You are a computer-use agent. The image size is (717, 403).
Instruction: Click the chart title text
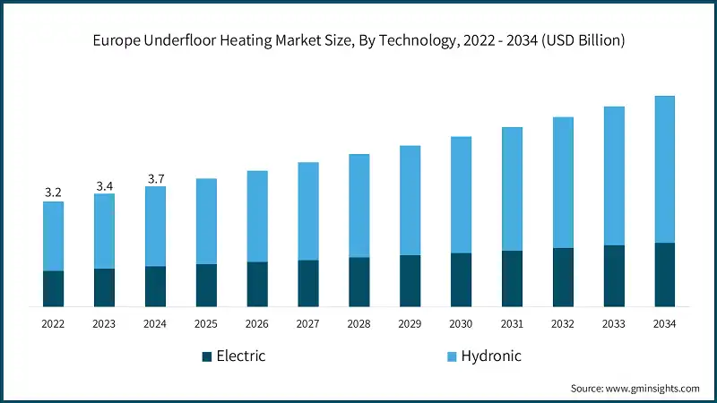[358, 40]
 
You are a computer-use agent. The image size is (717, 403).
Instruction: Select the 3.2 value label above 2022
[53, 193]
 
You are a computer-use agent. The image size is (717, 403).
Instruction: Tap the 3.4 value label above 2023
[104, 185]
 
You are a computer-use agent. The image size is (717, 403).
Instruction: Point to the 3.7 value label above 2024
[155, 178]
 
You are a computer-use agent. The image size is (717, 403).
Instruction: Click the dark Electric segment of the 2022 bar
[53, 288]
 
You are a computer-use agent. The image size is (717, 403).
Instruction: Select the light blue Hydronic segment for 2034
[664, 168]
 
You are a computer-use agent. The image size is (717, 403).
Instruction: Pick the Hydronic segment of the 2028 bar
[358, 205]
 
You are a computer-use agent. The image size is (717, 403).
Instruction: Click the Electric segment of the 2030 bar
[461, 279]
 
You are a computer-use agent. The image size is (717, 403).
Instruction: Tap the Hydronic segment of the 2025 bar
[206, 220]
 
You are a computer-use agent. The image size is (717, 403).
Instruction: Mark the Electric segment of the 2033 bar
[613, 276]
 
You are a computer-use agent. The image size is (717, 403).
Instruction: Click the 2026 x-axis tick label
[257, 323]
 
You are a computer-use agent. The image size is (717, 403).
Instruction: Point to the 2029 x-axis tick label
[410, 323]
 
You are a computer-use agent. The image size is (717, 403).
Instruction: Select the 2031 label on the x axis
[512, 323]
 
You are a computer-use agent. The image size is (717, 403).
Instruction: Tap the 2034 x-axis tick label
[664, 323]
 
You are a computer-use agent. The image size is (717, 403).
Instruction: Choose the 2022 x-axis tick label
[53, 323]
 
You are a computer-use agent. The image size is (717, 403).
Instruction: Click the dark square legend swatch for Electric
[207, 356]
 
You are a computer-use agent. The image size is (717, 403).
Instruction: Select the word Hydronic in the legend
[490, 356]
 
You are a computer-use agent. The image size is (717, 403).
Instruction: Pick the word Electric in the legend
[241, 356]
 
